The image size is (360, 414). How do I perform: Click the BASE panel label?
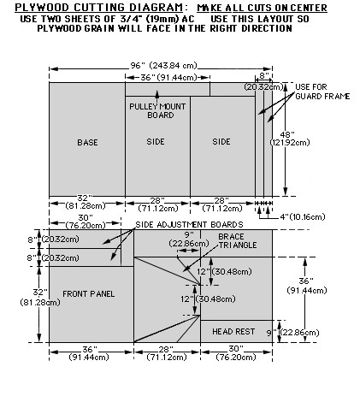click(87, 142)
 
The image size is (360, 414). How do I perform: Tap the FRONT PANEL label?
click(89, 294)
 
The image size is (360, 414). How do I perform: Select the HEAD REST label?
click(233, 332)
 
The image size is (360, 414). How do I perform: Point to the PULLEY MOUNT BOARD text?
click(157, 111)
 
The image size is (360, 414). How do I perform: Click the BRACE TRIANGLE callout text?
click(238, 241)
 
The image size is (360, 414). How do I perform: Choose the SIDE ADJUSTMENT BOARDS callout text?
click(189, 225)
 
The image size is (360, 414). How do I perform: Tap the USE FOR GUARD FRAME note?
click(322, 92)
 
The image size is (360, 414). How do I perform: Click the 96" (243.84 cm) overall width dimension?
click(163, 66)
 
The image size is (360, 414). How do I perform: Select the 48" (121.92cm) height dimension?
click(290, 139)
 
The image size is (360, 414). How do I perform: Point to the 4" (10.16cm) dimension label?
click(303, 217)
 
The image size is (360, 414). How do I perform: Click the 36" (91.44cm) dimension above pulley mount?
click(168, 77)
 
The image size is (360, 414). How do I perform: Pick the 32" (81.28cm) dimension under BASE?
click(86, 202)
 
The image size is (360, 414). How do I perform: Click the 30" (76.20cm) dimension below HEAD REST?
click(236, 353)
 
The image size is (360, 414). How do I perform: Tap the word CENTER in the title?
click(309, 8)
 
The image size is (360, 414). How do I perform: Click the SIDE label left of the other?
click(156, 142)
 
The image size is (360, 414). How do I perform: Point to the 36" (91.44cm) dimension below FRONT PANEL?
click(89, 353)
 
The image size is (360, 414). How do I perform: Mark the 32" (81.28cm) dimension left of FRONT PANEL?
click(40, 297)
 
